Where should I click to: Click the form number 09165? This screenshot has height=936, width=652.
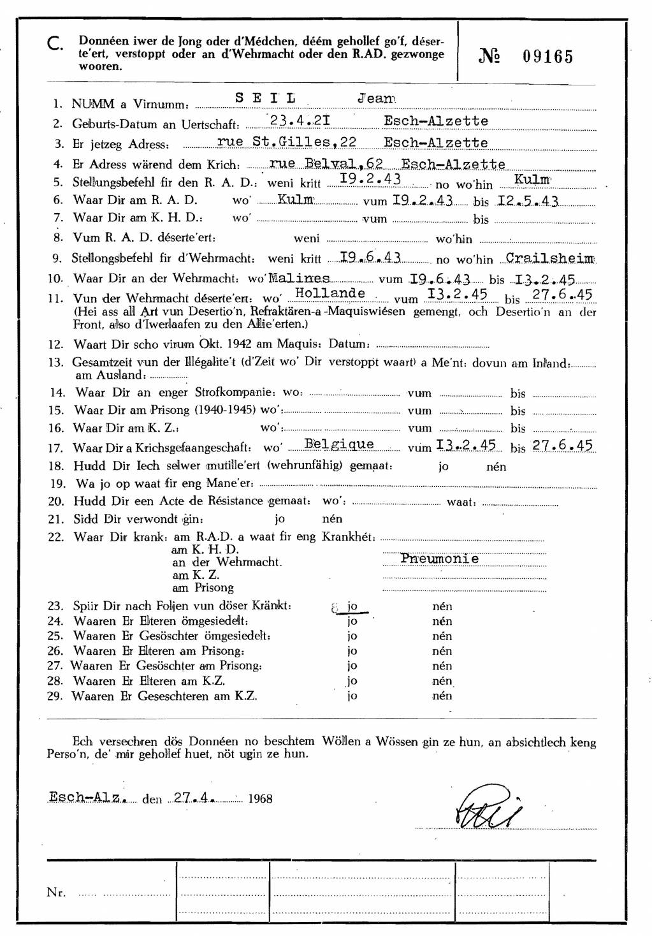(x=547, y=57)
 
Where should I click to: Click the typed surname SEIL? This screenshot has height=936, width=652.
(x=265, y=98)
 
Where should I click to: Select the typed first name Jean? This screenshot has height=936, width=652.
(x=376, y=98)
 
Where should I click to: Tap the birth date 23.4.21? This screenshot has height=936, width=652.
(x=300, y=121)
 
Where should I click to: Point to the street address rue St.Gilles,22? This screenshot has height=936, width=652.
(x=287, y=142)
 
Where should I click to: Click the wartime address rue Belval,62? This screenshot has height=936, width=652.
(x=326, y=164)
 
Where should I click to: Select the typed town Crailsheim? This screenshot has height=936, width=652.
(x=549, y=258)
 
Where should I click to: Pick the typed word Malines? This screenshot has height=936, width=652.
(x=299, y=279)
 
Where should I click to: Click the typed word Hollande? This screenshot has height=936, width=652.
(x=330, y=293)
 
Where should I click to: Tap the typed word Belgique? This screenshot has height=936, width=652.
(x=339, y=444)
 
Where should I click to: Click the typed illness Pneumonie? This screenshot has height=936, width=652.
(x=439, y=559)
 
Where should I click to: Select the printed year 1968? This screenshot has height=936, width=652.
(x=260, y=799)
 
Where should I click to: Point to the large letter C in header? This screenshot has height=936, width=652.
(x=55, y=44)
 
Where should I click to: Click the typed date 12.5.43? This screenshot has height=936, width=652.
(x=528, y=201)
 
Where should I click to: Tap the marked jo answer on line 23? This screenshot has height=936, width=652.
(x=351, y=606)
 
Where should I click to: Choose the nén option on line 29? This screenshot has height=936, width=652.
(x=442, y=696)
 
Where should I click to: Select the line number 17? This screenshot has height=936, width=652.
(x=56, y=448)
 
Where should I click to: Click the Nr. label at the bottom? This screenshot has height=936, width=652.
(x=56, y=893)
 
